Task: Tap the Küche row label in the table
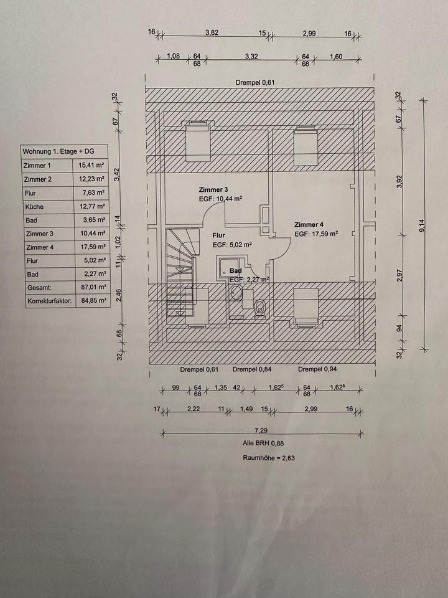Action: [35, 207]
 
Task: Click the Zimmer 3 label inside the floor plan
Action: [214, 189]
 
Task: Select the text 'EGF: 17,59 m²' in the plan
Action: [316, 234]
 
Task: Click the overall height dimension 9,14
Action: [423, 226]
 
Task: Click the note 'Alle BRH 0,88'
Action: [261, 444]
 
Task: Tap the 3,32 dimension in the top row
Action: [251, 56]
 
